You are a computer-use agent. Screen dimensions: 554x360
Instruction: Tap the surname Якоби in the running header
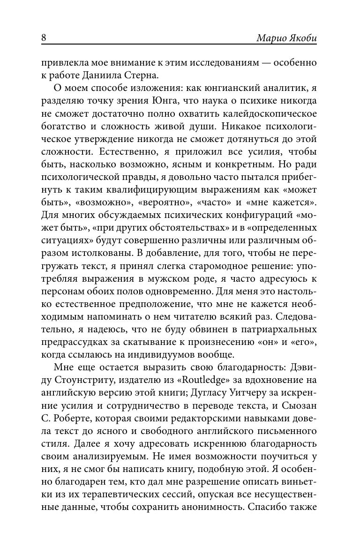pos(301,38)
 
